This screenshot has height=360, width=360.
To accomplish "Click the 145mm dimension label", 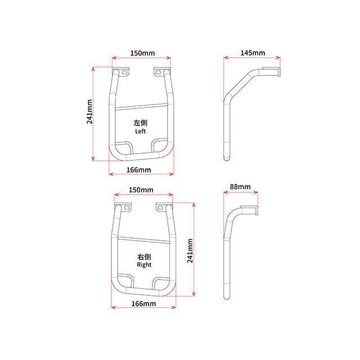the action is tap(253, 53).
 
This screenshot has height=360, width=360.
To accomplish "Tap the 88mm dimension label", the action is tap(240, 187).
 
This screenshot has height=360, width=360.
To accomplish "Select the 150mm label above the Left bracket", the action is tap(142, 53).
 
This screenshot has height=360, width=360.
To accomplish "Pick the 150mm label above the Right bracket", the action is tap(141, 190).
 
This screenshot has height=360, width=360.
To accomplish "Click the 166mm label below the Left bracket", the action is tap(139, 170).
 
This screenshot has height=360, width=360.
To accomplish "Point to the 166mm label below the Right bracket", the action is tap(143, 304).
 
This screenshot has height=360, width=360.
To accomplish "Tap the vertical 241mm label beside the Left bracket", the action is tap(89, 112).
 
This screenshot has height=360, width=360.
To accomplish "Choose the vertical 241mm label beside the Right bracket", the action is tap(190, 250).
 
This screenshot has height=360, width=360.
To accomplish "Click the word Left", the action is tap(140, 131).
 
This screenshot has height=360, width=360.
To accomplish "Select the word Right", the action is tap(144, 265).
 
